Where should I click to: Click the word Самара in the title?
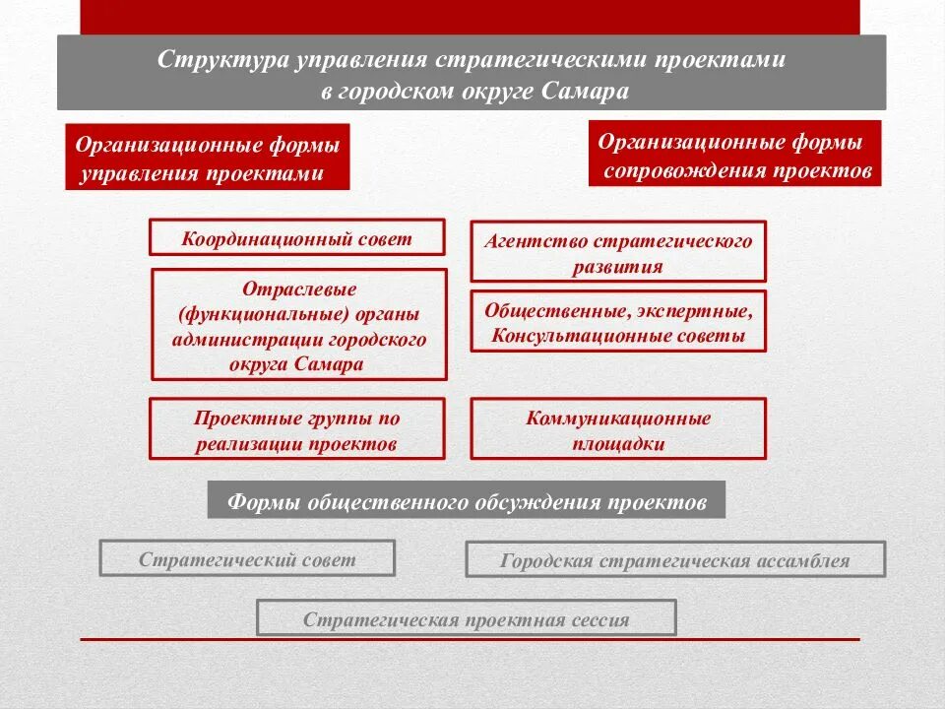(585, 91)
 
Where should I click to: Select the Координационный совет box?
(296, 237)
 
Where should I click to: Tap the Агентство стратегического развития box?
(618, 252)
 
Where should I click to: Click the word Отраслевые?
(298, 290)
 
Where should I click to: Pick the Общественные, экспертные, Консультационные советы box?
(618, 322)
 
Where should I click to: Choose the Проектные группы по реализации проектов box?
(296, 429)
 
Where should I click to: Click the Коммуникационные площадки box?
(618, 429)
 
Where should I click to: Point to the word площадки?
(618, 443)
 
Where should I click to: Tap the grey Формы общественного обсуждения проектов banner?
(467, 501)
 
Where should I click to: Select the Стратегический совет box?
(247, 559)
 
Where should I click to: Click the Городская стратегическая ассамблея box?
(674, 561)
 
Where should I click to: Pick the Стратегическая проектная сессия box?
(466, 618)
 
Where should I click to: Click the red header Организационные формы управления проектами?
(208, 158)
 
